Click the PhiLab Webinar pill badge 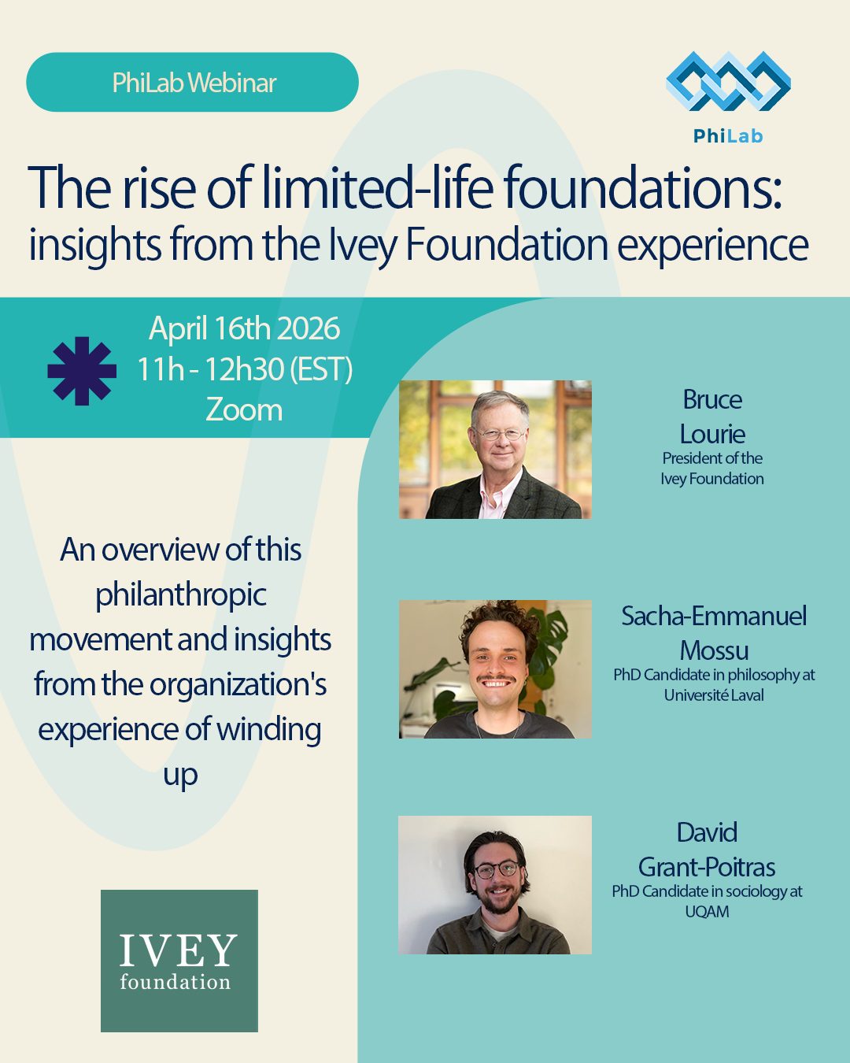192,83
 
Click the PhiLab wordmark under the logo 728,136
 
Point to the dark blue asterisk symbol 82,371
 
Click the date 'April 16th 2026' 244,329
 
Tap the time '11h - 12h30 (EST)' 244,369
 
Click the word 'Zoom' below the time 244,409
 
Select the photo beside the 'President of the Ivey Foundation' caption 495,450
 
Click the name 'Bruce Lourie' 712,417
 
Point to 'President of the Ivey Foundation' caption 712,469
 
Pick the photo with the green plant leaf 495,669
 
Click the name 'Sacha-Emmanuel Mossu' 714,633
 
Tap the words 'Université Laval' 714,695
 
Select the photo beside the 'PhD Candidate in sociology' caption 495,885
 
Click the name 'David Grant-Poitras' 707,850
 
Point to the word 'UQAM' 707,912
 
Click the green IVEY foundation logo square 179,961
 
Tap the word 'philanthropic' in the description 181,594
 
